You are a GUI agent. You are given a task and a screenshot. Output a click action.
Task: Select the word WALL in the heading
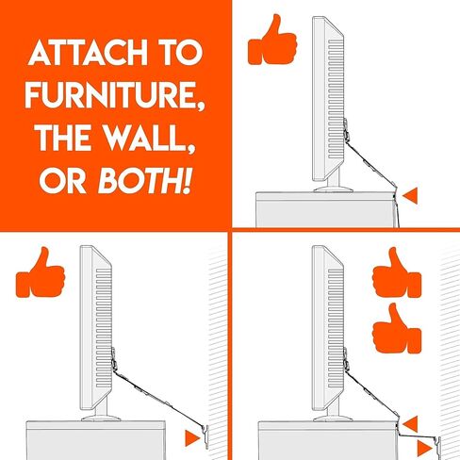(147, 138)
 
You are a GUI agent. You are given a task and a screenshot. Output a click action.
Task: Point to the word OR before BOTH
(63, 181)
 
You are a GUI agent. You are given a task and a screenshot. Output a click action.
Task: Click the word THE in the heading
(66, 138)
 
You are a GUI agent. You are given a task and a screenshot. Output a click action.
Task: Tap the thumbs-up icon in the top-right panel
(272, 40)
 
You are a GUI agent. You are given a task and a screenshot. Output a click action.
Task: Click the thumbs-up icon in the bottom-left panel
(41, 272)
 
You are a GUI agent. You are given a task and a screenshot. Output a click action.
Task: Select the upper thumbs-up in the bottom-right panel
(397, 272)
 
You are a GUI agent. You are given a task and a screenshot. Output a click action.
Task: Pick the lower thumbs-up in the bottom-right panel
(397, 328)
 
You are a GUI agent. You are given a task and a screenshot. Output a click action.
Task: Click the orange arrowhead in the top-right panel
(410, 196)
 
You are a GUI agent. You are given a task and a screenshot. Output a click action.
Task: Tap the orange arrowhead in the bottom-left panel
(192, 437)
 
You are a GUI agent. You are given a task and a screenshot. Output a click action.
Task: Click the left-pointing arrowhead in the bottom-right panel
(410, 424)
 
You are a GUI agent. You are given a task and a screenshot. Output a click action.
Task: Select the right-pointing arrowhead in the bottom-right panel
(425, 448)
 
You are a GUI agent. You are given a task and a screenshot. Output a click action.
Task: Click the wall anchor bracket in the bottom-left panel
(206, 436)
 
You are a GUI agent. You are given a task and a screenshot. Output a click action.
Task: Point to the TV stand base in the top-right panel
(333, 189)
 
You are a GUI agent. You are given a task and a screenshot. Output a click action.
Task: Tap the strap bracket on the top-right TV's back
(346, 129)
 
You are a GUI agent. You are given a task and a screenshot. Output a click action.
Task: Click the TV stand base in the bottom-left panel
(101, 419)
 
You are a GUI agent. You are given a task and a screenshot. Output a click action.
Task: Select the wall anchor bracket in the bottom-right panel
(438, 446)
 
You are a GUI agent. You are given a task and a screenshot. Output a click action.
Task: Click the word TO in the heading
(181, 53)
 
